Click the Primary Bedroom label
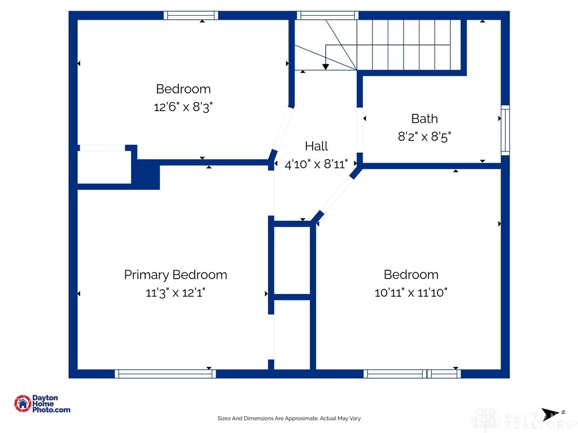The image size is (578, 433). pyautogui.click(x=176, y=275)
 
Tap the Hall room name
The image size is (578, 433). pyautogui.click(x=316, y=146)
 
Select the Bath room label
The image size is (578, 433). pyautogui.click(x=424, y=118)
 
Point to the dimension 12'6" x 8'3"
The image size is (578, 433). pyautogui.click(x=183, y=107)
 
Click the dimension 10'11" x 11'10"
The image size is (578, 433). pyautogui.click(x=411, y=293)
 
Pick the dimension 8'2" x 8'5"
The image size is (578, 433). pyautogui.click(x=424, y=136)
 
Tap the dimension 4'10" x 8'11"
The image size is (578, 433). pyautogui.click(x=316, y=164)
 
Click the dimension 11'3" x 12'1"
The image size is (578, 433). pyautogui.click(x=176, y=293)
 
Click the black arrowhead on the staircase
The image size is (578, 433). pyautogui.click(x=326, y=67)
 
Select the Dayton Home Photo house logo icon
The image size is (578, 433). pyautogui.click(x=23, y=404)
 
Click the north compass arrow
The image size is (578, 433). pyautogui.click(x=550, y=414)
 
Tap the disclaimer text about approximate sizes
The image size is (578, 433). pyautogui.click(x=289, y=418)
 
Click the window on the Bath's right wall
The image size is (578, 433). pyautogui.click(x=505, y=130)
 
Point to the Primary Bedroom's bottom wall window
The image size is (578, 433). pyautogui.click(x=165, y=374)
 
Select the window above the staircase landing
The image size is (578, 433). pyautogui.click(x=328, y=15)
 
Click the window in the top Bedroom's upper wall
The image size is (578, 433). pyautogui.click(x=191, y=15)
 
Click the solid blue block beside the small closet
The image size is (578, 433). pyautogui.click(x=147, y=175)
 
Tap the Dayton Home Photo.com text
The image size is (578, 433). pyautogui.click(x=51, y=404)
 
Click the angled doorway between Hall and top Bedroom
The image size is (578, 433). pyautogui.click(x=282, y=128)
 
